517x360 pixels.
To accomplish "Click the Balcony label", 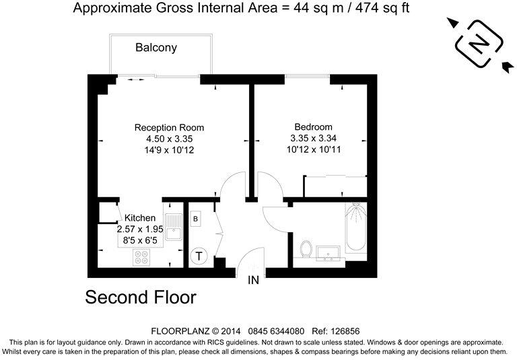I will pos(156,48).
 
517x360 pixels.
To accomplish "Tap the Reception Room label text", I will pos(169,127).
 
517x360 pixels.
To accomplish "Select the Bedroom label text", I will pos(313,127).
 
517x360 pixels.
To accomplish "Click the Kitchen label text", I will pos(140,218).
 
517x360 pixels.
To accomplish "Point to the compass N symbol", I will pos(479,44).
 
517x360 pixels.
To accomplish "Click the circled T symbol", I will pos(199,255).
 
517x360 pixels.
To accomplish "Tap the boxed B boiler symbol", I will pos(196,219).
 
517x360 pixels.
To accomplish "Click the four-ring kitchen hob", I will pos(143,256).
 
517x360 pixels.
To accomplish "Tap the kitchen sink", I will pos(173,225).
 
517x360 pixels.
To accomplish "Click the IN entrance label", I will pos(254,280).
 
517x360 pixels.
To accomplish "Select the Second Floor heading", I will pos(141,297).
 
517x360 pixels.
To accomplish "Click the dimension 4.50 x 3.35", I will pos(169,139).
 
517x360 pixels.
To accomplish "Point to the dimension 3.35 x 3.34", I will pos(313,139).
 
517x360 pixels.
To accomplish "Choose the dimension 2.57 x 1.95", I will pos(140,229).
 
